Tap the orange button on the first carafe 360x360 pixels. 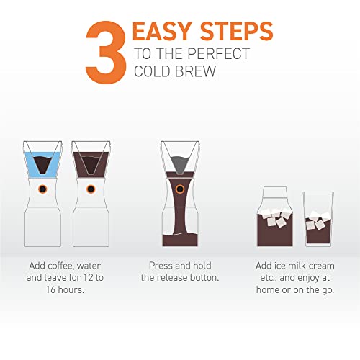(42, 189)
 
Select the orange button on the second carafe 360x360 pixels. (91, 189)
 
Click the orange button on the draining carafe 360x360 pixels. (179, 189)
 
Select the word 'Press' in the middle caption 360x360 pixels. (161, 265)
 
